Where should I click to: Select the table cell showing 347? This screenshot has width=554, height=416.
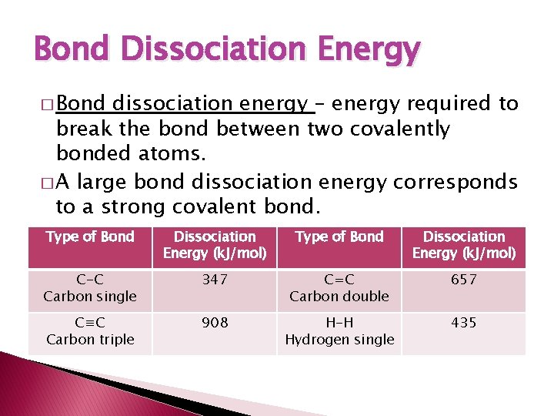(215, 280)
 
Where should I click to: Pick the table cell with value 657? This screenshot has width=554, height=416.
(464, 280)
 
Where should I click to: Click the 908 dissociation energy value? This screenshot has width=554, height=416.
(215, 324)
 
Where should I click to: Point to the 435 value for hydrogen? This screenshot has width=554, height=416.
(464, 324)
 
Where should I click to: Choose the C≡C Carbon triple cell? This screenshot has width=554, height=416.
(90, 331)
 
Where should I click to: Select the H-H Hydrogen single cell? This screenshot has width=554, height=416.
(339, 331)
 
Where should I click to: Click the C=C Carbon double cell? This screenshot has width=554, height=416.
(339, 288)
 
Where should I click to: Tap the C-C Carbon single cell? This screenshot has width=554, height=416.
(90, 288)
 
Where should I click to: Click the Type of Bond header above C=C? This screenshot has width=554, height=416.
(339, 237)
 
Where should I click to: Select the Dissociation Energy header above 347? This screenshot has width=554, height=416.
(215, 245)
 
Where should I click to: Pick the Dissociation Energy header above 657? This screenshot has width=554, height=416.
(464, 245)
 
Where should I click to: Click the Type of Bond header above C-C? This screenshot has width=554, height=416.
(90, 237)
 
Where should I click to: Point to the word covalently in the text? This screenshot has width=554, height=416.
(399, 129)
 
